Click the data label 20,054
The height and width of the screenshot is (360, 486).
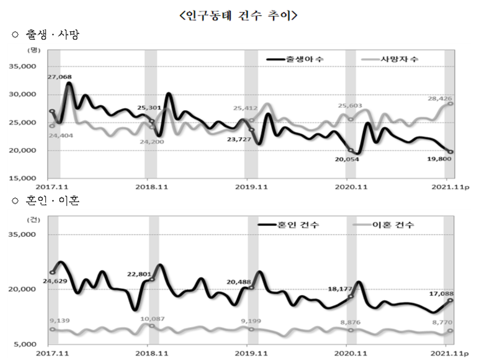click(347, 160)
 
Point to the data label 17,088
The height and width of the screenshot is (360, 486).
click(441, 294)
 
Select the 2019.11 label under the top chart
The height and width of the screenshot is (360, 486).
click(247, 188)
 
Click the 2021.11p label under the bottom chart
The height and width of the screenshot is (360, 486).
click(450, 353)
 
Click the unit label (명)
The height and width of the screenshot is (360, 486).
click(34, 50)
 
